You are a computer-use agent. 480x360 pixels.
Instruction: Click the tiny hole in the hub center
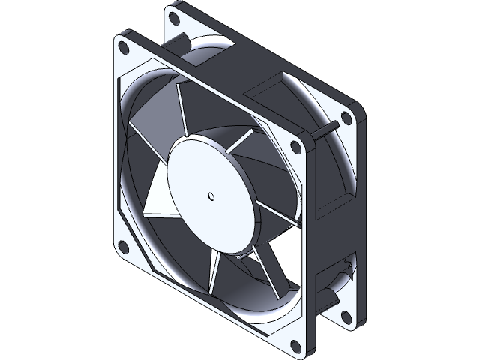point(211,198)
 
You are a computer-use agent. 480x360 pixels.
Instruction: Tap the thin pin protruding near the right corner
point(324,134)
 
